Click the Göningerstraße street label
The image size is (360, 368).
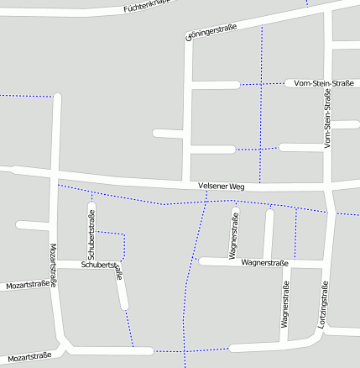pyautogui.click(x=211, y=32)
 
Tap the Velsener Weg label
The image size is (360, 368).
pyautogui.click(x=222, y=186)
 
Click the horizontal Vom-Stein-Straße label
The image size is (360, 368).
pyautogui.click(x=324, y=83)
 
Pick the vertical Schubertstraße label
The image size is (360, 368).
pyautogui.click(x=91, y=234)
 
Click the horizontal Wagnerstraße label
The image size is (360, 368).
pyautogui.click(x=264, y=263)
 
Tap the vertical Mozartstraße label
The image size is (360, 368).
pyautogui.click(x=54, y=266)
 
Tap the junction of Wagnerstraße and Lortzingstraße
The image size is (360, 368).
pyautogui.click(x=322, y=265)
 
